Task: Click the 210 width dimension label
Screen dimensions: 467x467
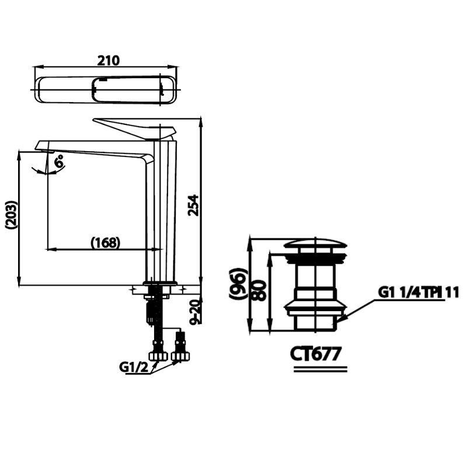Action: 109,61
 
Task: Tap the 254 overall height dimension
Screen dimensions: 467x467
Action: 194,205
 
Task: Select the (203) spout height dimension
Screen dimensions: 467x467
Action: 11,215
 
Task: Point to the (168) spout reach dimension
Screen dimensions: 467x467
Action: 106,243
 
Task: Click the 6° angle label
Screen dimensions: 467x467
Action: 60,162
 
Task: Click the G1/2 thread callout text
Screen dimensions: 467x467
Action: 134,367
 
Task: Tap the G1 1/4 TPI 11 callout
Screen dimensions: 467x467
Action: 419,292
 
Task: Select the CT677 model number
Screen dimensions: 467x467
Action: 316,354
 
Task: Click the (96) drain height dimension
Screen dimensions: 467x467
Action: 238,283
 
